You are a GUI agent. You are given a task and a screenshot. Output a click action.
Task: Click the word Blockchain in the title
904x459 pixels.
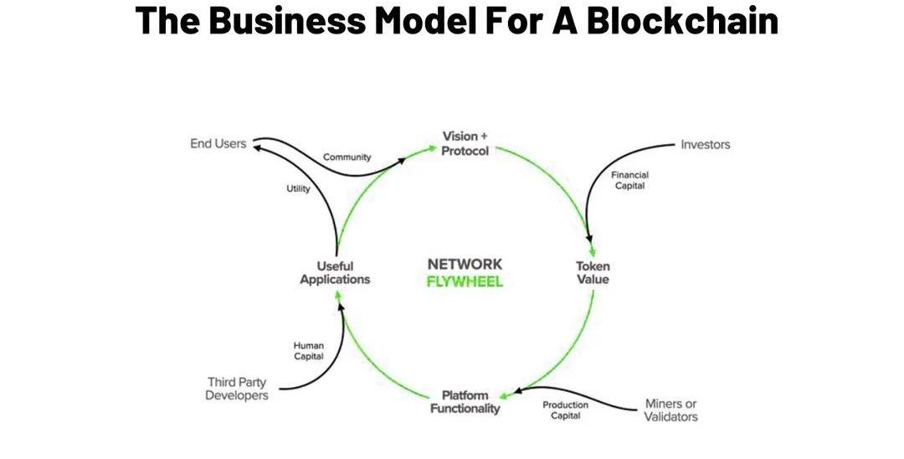682,20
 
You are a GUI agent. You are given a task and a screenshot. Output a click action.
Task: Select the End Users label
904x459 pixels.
218,144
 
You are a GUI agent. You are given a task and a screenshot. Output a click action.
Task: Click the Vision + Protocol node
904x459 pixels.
465,143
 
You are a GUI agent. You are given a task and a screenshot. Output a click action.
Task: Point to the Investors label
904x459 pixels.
705,145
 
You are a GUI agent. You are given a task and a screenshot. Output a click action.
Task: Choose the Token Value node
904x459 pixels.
593,273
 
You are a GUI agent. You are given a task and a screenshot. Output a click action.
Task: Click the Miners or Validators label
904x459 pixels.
670,410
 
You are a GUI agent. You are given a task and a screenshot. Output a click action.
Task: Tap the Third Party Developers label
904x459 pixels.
237,389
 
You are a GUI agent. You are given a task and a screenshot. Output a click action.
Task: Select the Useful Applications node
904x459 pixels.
335,273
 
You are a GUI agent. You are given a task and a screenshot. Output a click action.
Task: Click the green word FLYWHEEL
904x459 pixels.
465,282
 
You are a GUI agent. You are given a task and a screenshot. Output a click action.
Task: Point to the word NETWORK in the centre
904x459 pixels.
465,265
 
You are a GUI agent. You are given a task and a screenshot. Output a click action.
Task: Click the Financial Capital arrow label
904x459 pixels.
629,180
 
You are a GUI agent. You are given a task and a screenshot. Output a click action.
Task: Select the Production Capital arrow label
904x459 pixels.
566,410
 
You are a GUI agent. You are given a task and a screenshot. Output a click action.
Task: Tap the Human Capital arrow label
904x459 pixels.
308,350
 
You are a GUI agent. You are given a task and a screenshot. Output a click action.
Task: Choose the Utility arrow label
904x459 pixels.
298,188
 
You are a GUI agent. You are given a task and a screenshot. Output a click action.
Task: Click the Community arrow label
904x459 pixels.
347,157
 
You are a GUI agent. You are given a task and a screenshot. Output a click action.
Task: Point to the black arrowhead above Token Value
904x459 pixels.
592,249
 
